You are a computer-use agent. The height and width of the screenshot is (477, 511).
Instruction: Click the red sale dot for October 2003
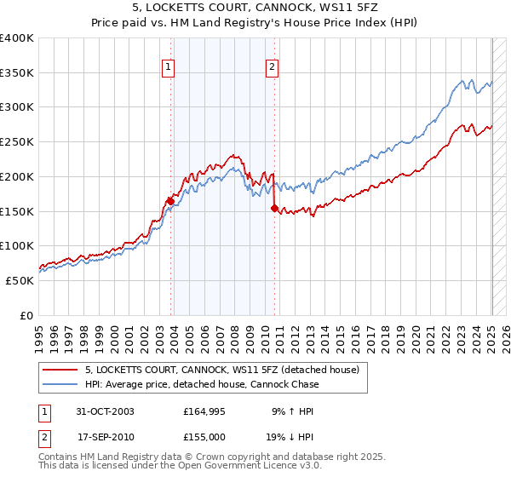tap(170, 201)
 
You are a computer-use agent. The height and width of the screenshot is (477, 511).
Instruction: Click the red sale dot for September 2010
tap(274, 208)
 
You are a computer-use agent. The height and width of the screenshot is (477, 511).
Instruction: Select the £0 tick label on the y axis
tap(26, 315)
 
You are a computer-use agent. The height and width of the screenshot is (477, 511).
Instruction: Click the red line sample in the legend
tap(60, 371)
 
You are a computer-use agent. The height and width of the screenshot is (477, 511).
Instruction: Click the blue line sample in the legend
tap(60, 384)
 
